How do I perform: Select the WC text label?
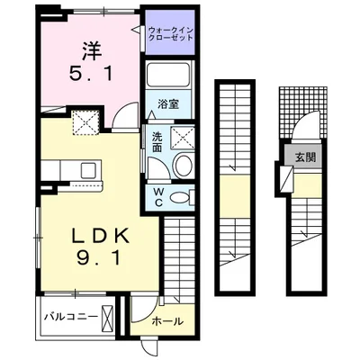pos(157,195)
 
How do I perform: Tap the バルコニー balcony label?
pos(68,318)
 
